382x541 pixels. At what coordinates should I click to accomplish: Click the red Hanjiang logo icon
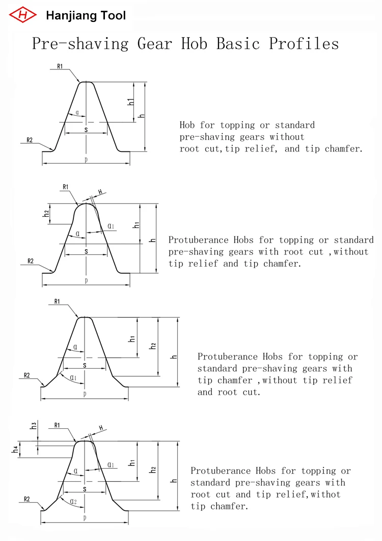click(x=23, y=14)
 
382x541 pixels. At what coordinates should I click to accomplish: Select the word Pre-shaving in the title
click(x=80, y=43)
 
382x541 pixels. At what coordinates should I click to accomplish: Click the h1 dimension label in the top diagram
click(x=131, y=101)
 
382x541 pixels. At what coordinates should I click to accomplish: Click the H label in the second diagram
click(x=100, y=192)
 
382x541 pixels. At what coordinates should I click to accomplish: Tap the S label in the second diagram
click(x=86, y=251)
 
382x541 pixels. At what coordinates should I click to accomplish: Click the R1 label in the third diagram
click(x=57, y=302)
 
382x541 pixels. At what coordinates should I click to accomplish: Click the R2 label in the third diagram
click(x=27, y=376)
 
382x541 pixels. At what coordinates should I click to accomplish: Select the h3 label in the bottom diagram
click(x=34, y=425)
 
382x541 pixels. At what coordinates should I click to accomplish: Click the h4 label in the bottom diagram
click(x=16, y=450)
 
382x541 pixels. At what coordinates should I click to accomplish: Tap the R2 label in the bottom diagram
click(x=27, y=499)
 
